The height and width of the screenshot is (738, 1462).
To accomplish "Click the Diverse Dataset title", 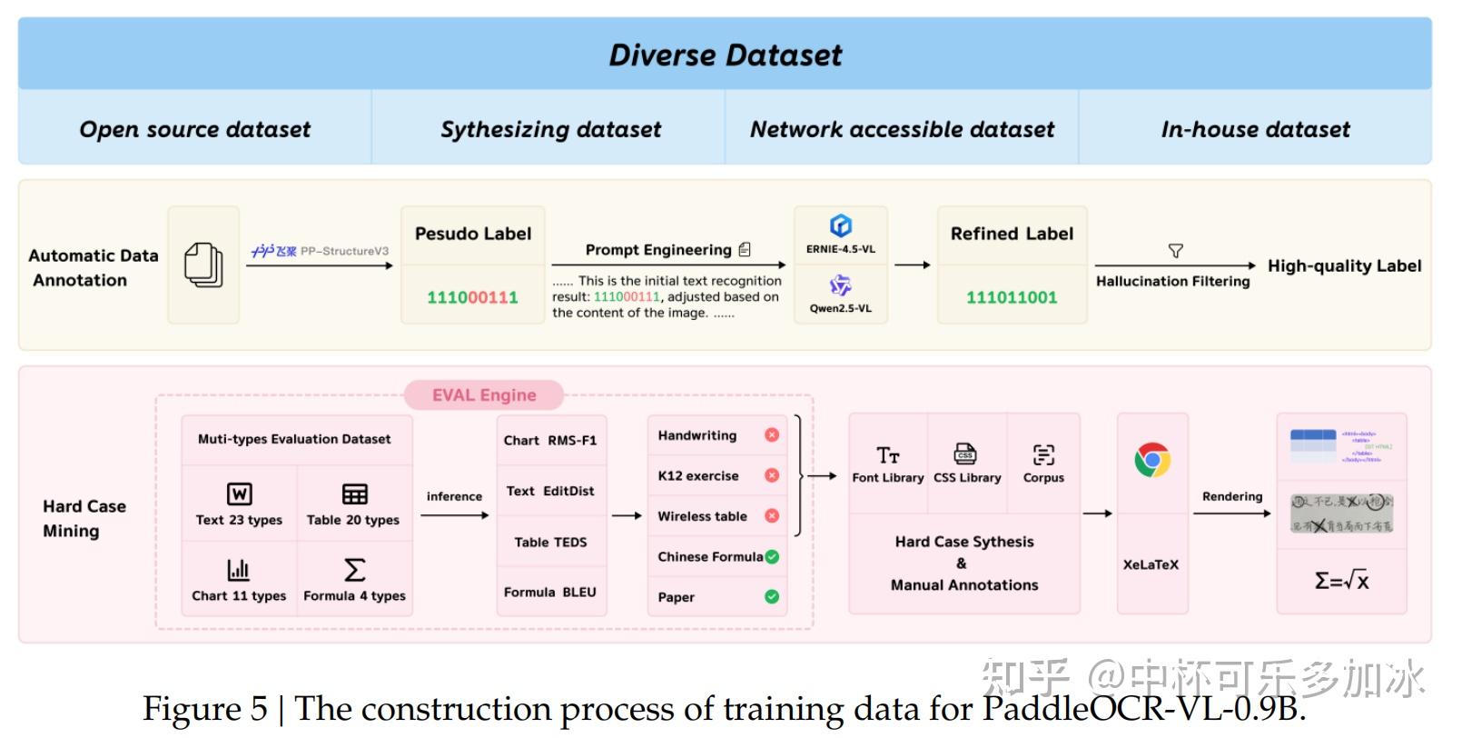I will pos(725,55).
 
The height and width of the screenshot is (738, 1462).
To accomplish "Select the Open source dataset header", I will pos(194,129).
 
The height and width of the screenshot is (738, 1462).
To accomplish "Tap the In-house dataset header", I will pos(1255,129).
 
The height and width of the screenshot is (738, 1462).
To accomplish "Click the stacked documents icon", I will pos(203,265).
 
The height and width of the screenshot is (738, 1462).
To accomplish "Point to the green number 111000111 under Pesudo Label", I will pos(472,297).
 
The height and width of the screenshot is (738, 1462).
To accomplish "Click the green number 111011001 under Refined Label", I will pos(1012,297).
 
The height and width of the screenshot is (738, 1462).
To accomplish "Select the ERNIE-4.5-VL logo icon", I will pos(841,225).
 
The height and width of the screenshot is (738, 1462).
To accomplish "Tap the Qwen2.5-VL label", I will pos(841,308).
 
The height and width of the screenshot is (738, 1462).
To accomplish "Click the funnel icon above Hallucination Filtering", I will pos(1175,250).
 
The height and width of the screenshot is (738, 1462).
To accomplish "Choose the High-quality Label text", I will pos(1344,265).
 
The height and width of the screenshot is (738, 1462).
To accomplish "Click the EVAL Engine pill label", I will pos(484,394).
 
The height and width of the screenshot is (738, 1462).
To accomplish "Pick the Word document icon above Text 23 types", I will pos(239,494).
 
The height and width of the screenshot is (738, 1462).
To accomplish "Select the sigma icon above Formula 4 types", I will pos(355,570).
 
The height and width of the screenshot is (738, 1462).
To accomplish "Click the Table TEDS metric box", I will pos(550,542).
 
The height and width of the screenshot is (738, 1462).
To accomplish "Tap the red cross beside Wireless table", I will pos(772,515).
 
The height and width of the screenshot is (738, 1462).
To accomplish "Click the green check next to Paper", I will pos(772,596).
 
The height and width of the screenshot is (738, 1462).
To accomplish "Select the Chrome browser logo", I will pos(1152,460).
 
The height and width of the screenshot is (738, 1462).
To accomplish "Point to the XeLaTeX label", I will pos(1151,564).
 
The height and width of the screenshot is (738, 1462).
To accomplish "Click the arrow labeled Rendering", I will pos(1231,514).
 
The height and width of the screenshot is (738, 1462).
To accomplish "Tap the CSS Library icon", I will pos(965,454).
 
